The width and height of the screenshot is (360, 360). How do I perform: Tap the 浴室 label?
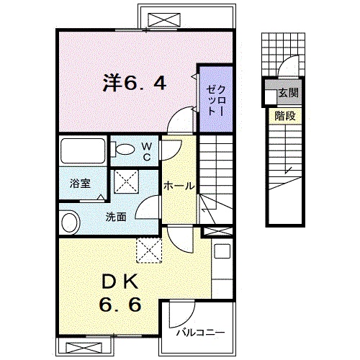click(x=80, y=184)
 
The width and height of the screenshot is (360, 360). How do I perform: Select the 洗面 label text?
click(x=117, y=215)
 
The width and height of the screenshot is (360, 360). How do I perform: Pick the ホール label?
click(x=178, y=186)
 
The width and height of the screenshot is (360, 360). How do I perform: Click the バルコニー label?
click(x=201, y=333)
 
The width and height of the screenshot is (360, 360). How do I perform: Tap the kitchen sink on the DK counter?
click(x=221, y=253)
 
